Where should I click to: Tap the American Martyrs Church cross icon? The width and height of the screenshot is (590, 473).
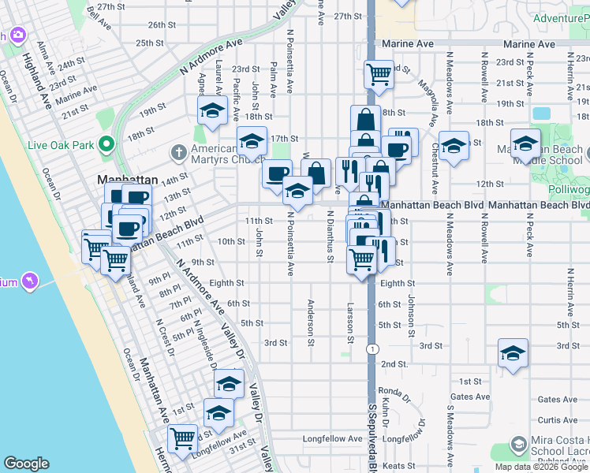(x=179, y=151)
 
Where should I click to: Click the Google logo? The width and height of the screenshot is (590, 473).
(x=27, y=464)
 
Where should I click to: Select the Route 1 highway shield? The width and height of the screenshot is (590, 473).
(x=372, y=347)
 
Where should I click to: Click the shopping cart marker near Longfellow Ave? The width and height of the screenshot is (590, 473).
(x=183, y=438)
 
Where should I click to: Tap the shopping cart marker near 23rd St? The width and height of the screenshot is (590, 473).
(x=379, y=74)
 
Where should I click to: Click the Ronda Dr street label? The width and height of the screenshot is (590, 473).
(x=390, y=390)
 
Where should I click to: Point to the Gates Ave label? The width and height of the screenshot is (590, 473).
(x=469, y=397)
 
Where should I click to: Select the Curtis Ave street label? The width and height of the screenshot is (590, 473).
(x=558, y=420)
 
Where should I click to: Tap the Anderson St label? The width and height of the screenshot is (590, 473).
(x=311, y=322)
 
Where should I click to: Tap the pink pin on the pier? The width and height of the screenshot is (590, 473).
(x=30, y=280)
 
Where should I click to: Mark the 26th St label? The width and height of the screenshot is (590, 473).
(x=161, y=24)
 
